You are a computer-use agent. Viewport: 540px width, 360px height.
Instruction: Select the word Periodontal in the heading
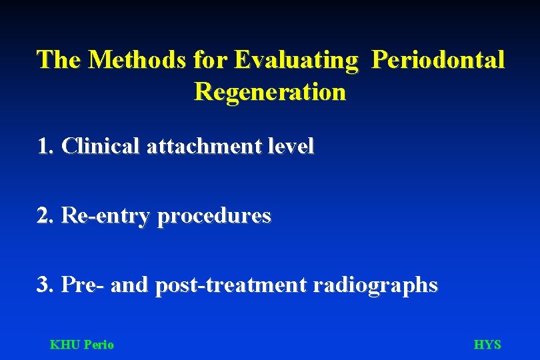pos(437,59)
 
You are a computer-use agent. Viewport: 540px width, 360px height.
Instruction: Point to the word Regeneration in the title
pos(270,91)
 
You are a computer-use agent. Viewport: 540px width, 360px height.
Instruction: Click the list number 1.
pos(45,146)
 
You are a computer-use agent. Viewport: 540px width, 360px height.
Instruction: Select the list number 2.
pos(45,215)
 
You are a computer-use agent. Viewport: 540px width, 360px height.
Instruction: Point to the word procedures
pos(214,216)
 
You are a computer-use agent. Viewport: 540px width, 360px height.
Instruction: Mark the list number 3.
pos(45,285)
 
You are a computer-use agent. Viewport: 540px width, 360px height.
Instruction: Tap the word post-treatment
pos(231,285)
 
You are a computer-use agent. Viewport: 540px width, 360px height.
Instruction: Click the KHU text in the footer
pos(65,345)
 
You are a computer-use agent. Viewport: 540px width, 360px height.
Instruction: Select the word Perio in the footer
pos(99,345)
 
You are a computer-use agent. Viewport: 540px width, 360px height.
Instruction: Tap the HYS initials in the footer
pos(487,345)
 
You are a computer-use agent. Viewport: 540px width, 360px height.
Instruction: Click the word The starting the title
pos(59,59)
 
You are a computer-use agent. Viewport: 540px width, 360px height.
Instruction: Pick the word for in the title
pos(211,59)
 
